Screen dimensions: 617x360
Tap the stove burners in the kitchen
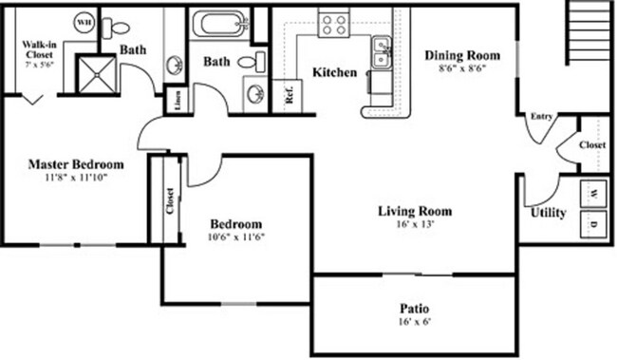click(x=333, y=24)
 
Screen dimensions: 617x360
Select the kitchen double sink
click(x=383, y=56)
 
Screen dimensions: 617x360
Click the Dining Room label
click(x=461, y=55)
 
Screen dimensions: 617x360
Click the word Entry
click(x=541, y=117)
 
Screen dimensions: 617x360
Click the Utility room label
click(x=548, y=213)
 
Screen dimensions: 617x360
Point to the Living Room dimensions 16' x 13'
click(x=414, y=226)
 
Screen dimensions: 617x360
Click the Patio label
click(x=414, y=309)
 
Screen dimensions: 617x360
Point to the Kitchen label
click(x=335, y=72)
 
